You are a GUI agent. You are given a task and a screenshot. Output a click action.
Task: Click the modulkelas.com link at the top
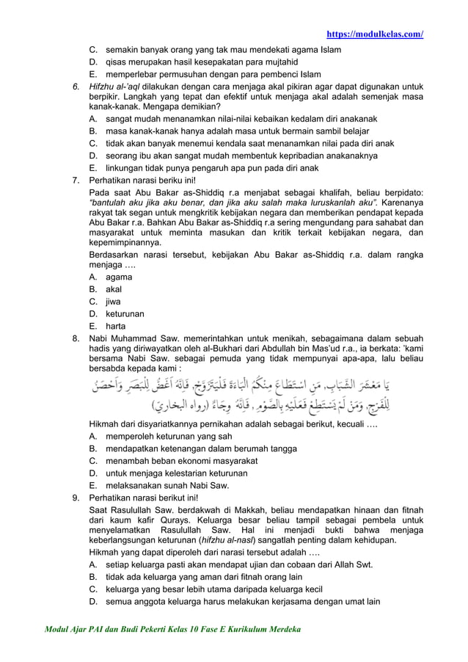point(374,34)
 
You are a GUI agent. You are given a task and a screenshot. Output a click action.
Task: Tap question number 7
point(75,180)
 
